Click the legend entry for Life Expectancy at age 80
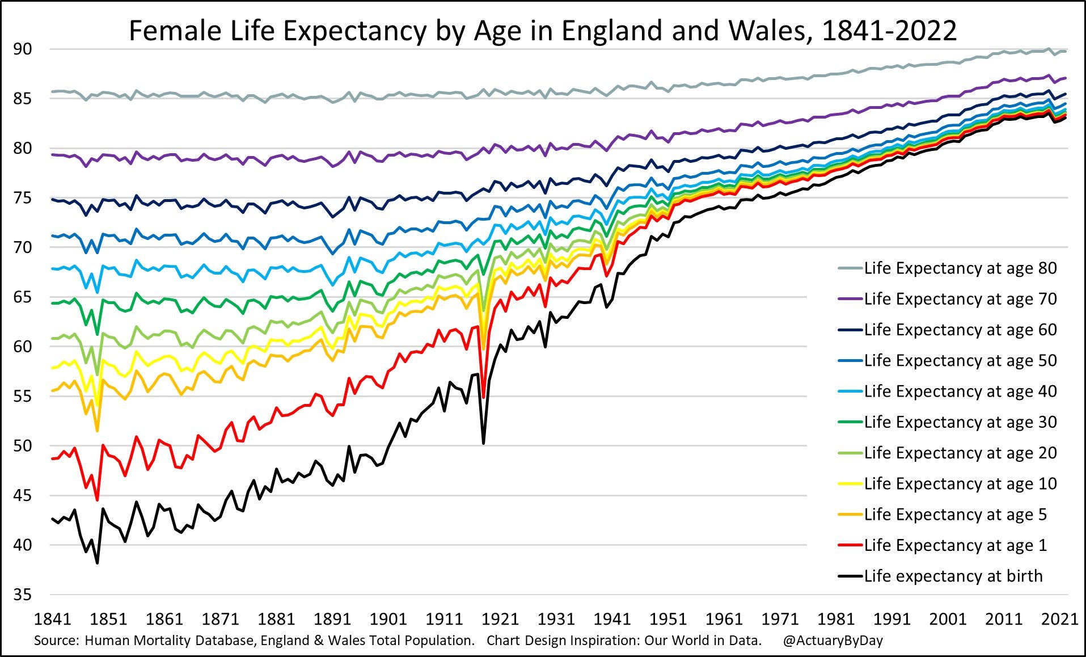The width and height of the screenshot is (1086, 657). (960, 268)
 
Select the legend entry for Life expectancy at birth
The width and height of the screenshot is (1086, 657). (953, 576)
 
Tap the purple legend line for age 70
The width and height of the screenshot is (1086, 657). (850, 300)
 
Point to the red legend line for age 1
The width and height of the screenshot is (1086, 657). (850, 546)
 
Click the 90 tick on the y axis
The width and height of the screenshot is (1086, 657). (23, 49)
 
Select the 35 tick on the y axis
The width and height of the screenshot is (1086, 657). (23, 595)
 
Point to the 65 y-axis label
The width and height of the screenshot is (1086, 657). (23, 297)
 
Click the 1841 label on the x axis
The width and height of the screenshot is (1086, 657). (53, 619)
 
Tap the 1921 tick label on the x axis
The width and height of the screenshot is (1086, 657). (500, 619)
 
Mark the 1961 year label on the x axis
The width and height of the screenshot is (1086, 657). (724, 619)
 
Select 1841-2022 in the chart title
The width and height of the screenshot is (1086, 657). (889, 31)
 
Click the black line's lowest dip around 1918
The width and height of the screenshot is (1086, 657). (483, 443)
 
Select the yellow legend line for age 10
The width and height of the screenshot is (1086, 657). (850, 484)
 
